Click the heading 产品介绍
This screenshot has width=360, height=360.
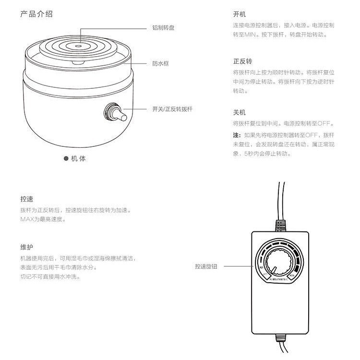tap(36, 14)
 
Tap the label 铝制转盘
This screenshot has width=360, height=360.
tap(163, 28)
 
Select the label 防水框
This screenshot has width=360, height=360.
tap(160, 63)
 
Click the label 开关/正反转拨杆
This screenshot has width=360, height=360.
tap(172, 109)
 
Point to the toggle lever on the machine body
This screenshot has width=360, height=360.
tap(120, 115)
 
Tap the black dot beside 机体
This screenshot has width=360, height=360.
tap(66, 159)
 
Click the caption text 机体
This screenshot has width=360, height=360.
tap(78, 159)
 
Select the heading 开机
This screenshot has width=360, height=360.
tap(239, 14)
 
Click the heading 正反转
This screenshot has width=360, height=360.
tap(242, 61)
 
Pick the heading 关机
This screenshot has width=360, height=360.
tap(239, 112)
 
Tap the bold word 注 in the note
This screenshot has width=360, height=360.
tap(236, 135)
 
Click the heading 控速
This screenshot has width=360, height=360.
tap(27, 199)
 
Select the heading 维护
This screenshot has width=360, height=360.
tap(27, 247)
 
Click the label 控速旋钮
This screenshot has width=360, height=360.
tap(206, 266)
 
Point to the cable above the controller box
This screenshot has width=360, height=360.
tap(279, 202)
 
